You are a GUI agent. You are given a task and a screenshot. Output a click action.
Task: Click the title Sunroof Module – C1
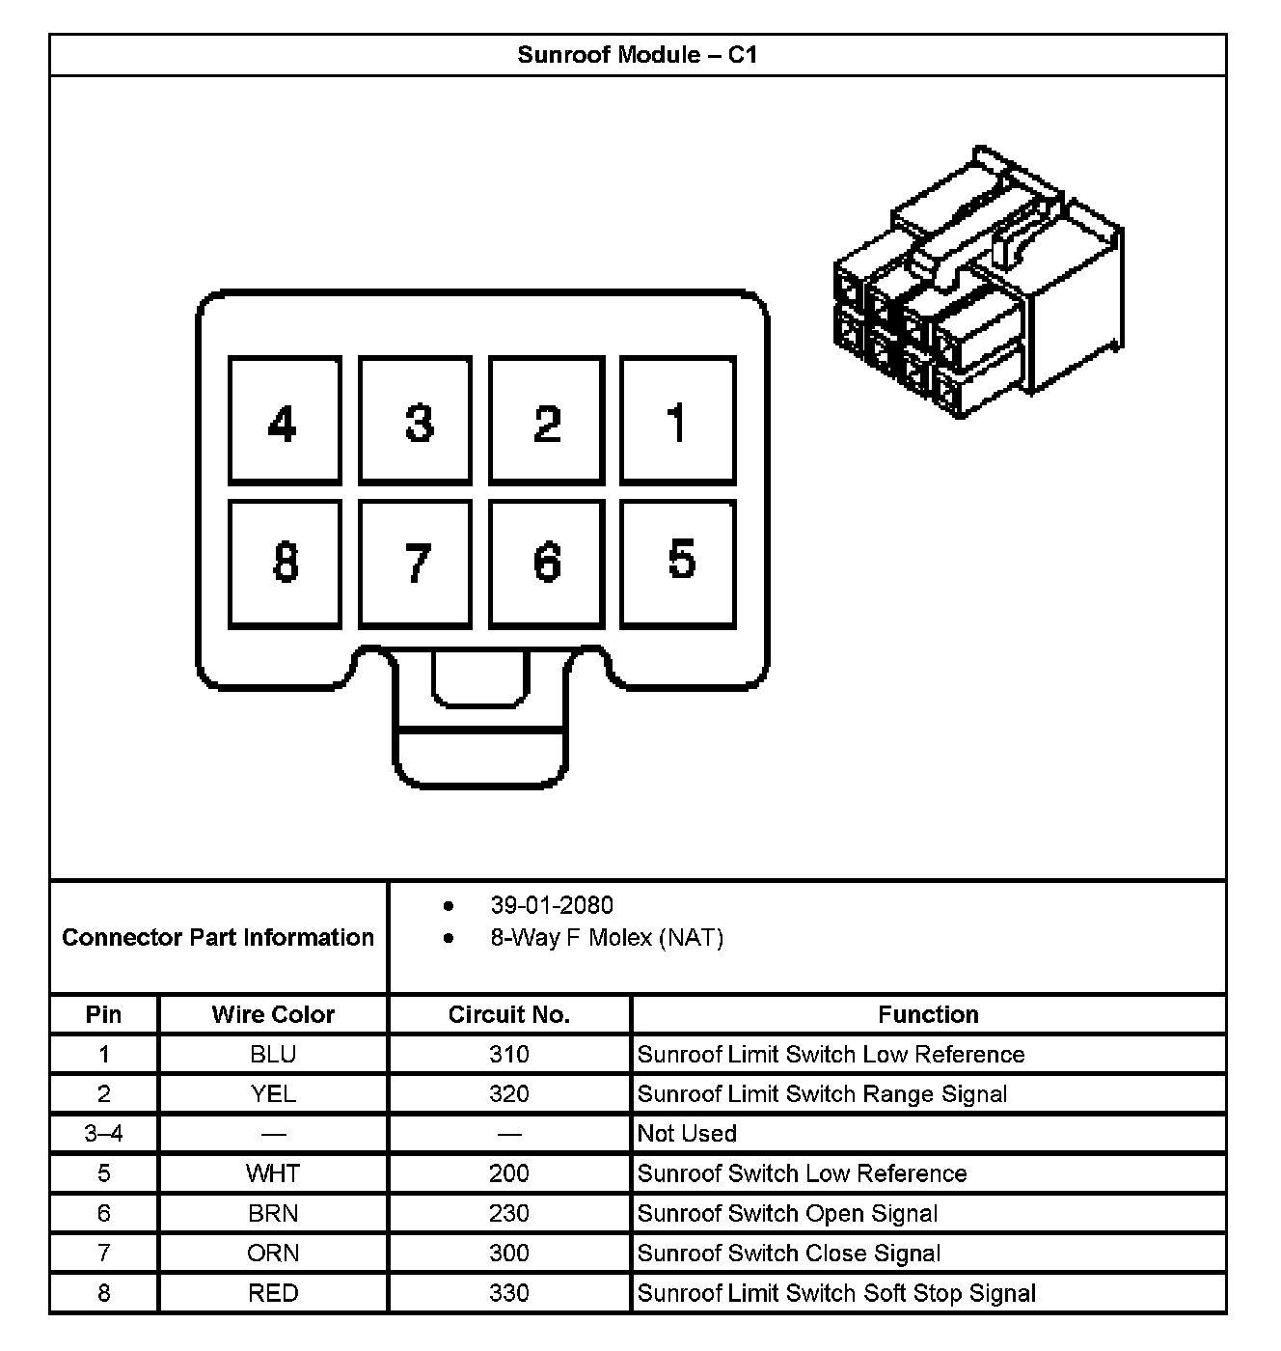pyautogui.click(x=638, y=55)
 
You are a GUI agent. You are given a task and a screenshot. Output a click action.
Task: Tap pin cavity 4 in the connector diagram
pyautogui.click(x=285, y=421)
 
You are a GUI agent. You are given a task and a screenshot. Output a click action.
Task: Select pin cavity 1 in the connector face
pyautogui.click(x=677, y=421)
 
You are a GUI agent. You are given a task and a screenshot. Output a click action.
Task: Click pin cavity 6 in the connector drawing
pyautogui.click(x=546, y=564)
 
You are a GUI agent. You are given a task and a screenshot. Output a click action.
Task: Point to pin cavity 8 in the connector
pyautogui.click(x=285, y=564)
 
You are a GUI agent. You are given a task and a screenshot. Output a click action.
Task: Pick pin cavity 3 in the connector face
pyautogui.click(x=415, y=421)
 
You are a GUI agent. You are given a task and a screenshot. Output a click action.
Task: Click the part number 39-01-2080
pyautogui.click(x=552, y=905)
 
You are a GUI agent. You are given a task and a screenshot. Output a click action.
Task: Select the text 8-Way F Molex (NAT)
pyautogui.click(x=607, y=938)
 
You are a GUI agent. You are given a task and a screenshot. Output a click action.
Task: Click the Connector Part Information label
pyautogui.click(x=218, y=938)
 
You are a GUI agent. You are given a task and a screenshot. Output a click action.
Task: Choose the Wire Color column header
pyautogui.click(x=273, y=1015)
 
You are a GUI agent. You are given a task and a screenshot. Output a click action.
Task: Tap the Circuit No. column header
pyautogui.click(x=509, y=1015)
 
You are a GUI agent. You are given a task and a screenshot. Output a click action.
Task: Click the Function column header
pyautogui.click(x=928, y=1015)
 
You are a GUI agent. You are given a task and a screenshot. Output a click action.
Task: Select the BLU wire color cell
pyautogui.click(x=273, y=1055)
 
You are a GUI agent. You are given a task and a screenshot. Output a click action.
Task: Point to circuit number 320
pyautogui.click(x=509, y=1094)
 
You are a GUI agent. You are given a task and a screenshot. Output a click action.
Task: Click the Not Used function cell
pyautogui.click(x=687, y=1134)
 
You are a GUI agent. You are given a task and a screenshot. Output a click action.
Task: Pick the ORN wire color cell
pyautogui.click(x=273, y=1254)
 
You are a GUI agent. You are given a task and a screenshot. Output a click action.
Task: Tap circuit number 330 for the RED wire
pyautogui.click(x=509, y=1293)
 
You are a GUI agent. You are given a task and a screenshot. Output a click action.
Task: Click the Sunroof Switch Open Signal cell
pyautogui.click(x=787, y=1214)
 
